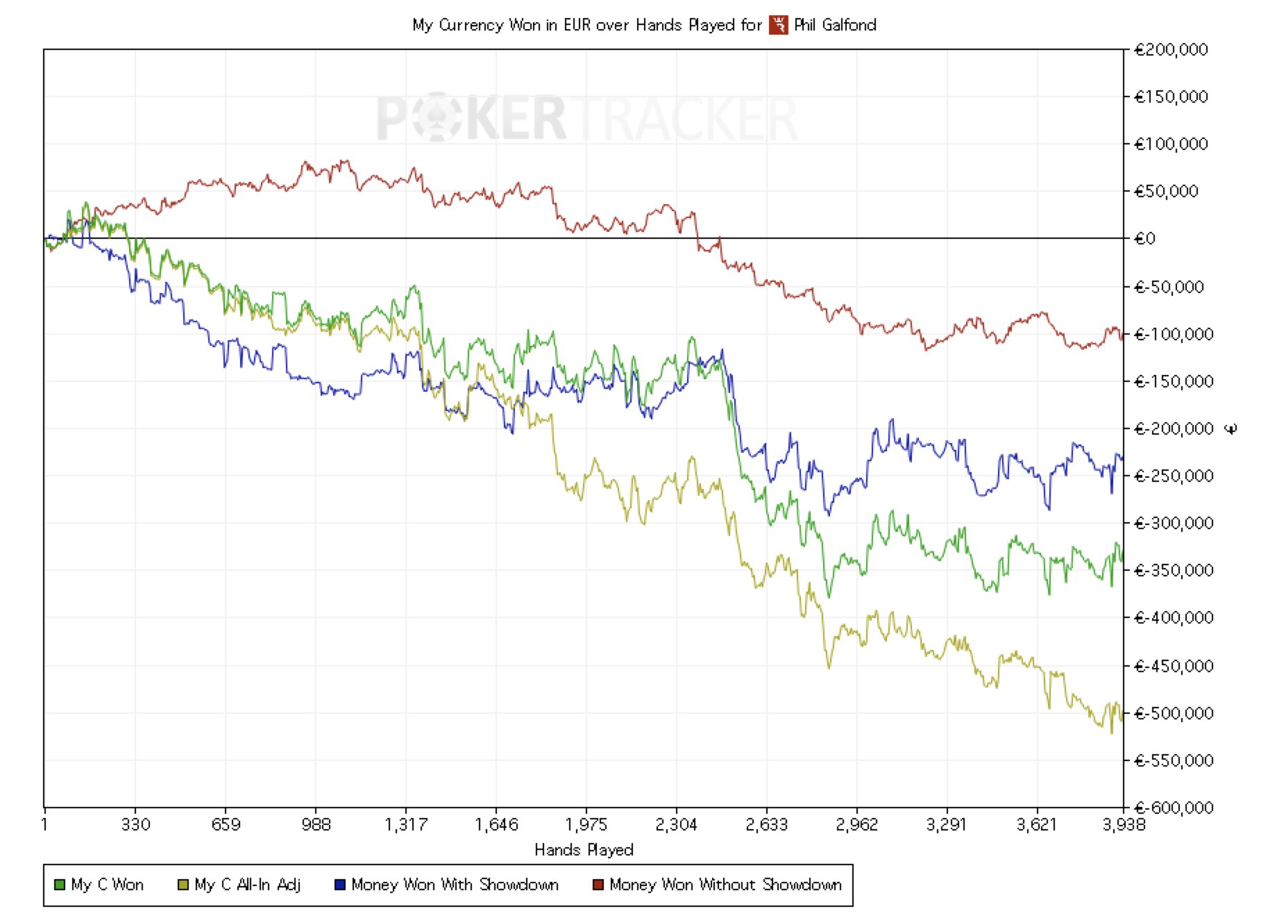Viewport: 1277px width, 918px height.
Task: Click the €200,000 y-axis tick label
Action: pyautogui.click(x=1171, y=50)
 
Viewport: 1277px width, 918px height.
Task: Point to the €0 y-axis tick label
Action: pyautogui.click(x=1145, y=239)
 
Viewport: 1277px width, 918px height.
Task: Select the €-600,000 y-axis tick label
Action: pyautogui.click(x=1174, y=808)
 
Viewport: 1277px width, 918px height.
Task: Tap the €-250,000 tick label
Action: pyautogui.click(x=1174, y=476)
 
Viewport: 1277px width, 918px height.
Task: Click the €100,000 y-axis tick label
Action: pyautogui.click(x=1171, y=144)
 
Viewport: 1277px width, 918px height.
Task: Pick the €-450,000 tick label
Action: pyautogui.click(x=1174, y=666)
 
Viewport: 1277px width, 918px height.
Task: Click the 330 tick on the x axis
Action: pyautogui.click(x=135, y=824)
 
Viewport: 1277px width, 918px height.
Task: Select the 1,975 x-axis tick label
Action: pyautogui.click(x=586, y=824)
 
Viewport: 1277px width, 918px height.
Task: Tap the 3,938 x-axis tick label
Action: pyautogui.click(x=1124, y=824)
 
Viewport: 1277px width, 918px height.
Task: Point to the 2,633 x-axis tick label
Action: pyautogui.click(x=766, y=824)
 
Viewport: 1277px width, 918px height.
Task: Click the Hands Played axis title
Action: pyautogui.click(x=584, y=849)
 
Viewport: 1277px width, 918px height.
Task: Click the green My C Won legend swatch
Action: pyautogui.click(x=60, y=885)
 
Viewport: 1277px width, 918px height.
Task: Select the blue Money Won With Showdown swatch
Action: pyautogui.click(x=340, y=885)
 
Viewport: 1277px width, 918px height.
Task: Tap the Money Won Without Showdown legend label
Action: pyautogui.click(x=725, y=885)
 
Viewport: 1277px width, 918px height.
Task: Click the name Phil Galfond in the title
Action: pyautogui.click(x=835, y=26)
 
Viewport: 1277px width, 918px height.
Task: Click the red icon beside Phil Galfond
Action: pyautogui.click(x=779, y=26)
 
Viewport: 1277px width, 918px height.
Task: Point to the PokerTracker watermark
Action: pyautogui.click(x=586, y=119)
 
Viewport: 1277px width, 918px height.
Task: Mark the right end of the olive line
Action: pyautogui.click(x=1122, y=719)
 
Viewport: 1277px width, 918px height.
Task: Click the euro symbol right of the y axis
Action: pyautogui.click(x=1231, y=429)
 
